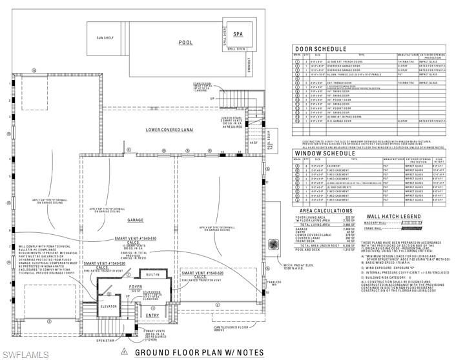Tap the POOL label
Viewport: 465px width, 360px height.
click(186, 42)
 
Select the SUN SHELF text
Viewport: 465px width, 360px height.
click(105, 38)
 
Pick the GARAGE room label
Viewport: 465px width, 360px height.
click(136, 220)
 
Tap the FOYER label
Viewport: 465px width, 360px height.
click(135, 286)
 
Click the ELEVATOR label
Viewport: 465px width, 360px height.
click(108, 306)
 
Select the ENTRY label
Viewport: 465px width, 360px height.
click(152, 315)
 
